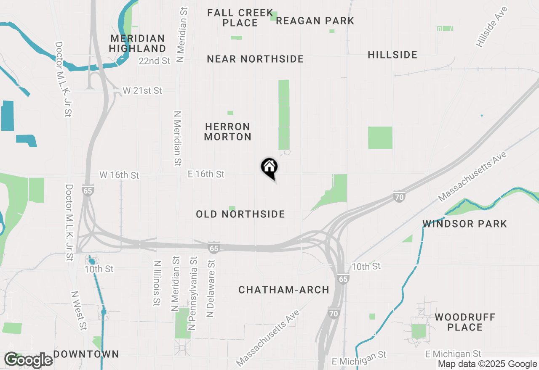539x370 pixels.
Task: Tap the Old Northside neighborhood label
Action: [x=240, y=214]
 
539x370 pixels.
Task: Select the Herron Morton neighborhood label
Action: [x=228, y=132]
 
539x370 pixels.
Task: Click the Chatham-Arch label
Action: [x=284, y=290]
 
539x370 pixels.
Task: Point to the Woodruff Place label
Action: [x=465, y=322]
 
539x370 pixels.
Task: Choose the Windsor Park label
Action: [x=465, y=224]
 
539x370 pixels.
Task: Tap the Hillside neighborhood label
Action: [x=392, y=55]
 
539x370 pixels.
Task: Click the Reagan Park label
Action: [x=315, y=21]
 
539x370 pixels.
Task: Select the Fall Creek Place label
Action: [x=240, y=18]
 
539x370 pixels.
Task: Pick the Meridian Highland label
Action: [x=137, y=44]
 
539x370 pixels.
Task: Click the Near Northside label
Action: [x=255, y=59]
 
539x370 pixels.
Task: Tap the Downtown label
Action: [x=86, y=354]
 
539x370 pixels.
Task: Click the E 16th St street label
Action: [x=206, y=174]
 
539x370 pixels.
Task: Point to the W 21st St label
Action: [x=142, y=90]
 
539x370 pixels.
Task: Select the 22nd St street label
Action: [x=154, y=61]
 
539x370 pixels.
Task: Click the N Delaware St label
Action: [x=211, y=288]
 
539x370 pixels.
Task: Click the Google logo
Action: [x=28, y=360]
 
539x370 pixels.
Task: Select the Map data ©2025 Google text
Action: [x=487, y=364]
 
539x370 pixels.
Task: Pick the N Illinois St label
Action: [x=157, y=283]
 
